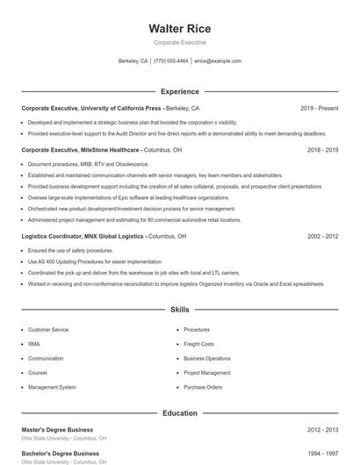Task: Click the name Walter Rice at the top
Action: [180, 28]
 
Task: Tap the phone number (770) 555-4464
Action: [170, 61]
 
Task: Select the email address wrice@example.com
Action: [218, 61]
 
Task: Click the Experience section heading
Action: [180, 91]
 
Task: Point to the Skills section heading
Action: [180, 310]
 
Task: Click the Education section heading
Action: [180, 412]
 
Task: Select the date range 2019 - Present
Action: [319, 109]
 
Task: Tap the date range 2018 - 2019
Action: [322, 150]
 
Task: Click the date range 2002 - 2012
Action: [322, 236]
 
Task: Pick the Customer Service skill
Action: [48, 330]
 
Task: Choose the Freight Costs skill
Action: [198, 344]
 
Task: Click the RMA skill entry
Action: [33, 344]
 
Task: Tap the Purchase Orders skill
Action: [203, 387]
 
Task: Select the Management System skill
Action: [52, 387]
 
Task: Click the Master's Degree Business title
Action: [57, 430]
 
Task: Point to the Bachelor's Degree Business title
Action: [60, 454]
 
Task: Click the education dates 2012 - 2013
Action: [322, 430]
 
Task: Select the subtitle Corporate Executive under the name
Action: [180, 42]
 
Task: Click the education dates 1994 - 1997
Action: [322, 454]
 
